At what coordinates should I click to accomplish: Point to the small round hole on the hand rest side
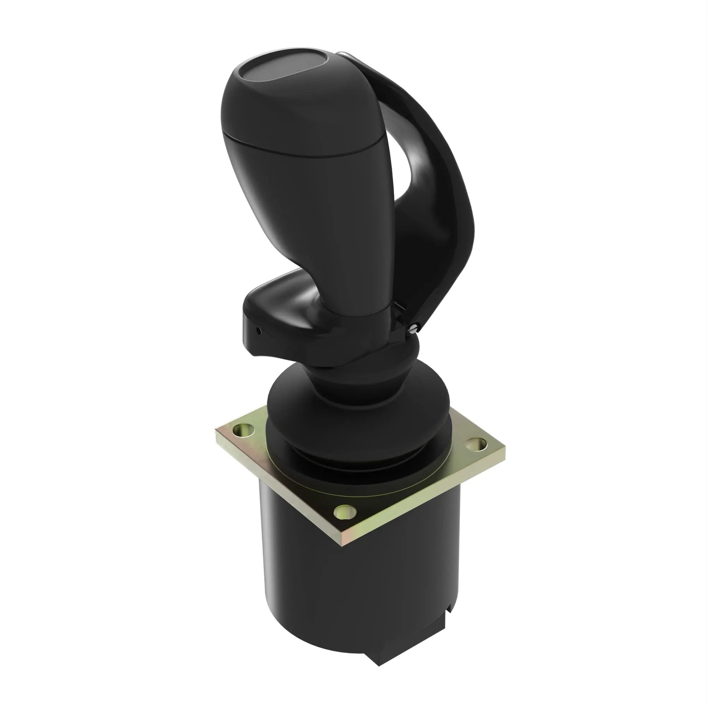click(259, 332)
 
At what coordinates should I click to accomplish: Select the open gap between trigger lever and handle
click(403, 165)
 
